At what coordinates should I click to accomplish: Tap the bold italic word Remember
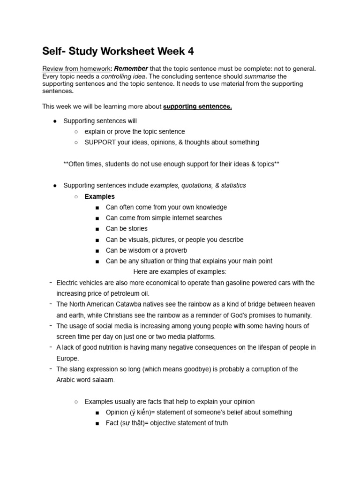click(131, 68)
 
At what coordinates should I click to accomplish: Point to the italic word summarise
click(261, 76)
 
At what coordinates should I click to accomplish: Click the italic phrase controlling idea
click(123, 76)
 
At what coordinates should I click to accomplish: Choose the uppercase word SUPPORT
click(100, 142)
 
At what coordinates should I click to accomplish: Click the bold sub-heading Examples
click(99, 196)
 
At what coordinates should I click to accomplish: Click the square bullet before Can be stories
click(97, 229)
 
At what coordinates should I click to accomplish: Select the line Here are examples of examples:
click(180, 272)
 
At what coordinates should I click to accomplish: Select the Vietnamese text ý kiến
click(139, 412)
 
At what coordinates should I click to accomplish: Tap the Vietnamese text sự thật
click(133, 423)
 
